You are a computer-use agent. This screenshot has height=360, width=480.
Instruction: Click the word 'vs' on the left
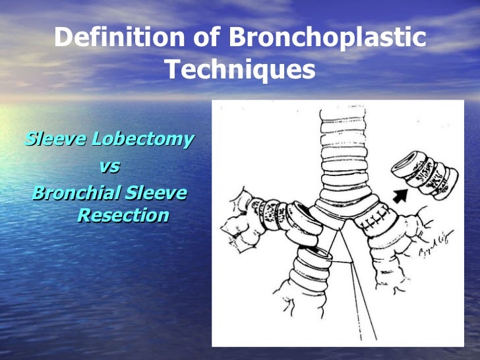[109, 167]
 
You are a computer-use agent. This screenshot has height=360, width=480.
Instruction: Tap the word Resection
[122, 215]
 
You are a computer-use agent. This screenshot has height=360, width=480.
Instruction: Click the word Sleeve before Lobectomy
[55, 140]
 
